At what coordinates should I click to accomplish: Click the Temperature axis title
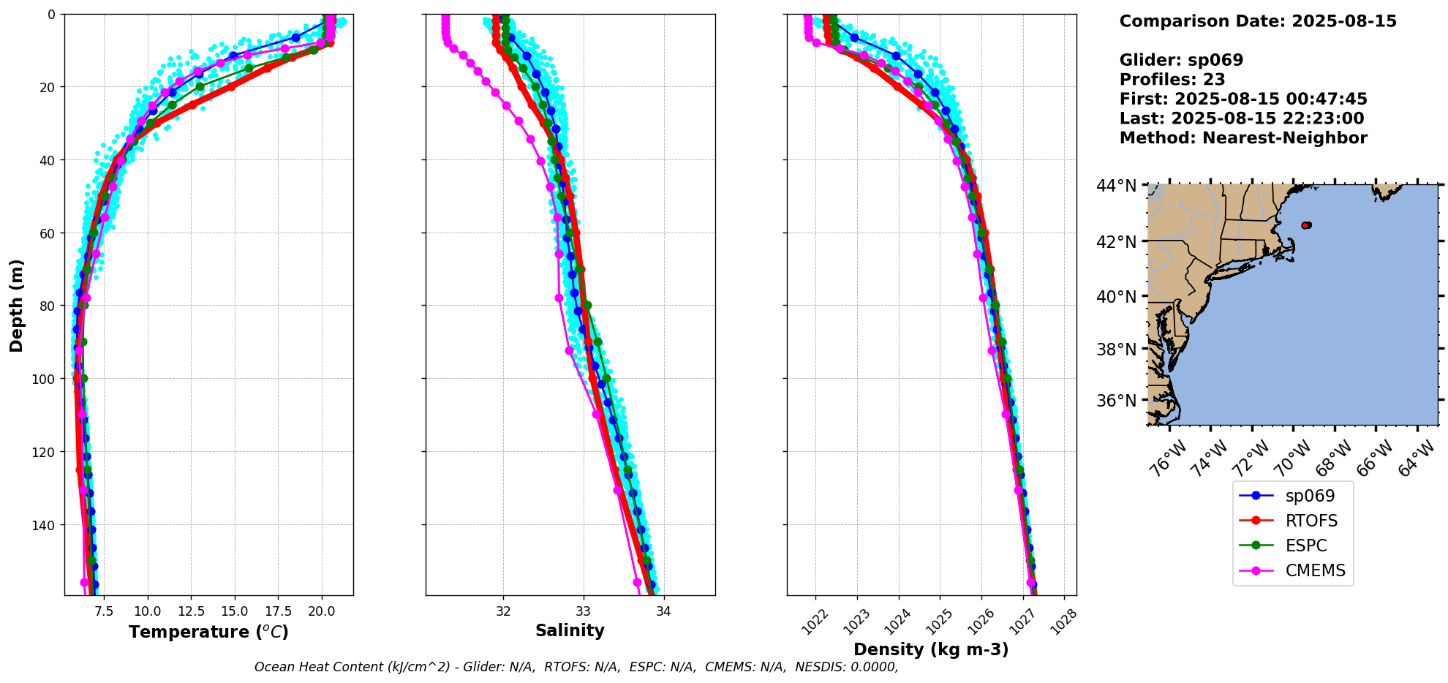[x=208, y=632]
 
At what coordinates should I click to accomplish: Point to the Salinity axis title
[x=570, y=631]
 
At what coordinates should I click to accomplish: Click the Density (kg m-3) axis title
[x=931, y=649]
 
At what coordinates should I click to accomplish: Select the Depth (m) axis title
[x=16, y=305]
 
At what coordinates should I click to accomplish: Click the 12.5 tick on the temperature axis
[x=191, y=611]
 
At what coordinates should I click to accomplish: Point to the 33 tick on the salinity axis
[x=583, y=611]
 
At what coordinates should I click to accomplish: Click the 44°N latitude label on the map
[x=1116, y=186]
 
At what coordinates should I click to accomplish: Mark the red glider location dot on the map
[x=1306, y=225]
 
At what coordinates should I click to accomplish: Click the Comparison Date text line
[x=1258, y=21]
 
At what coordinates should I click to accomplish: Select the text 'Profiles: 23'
[x=1172, y=80]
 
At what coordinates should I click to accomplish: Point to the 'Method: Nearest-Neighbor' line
[x=1243, y=138]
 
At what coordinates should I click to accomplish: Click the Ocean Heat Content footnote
[x=576, y=667]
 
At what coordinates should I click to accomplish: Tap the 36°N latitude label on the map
[x=1116, y=401]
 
